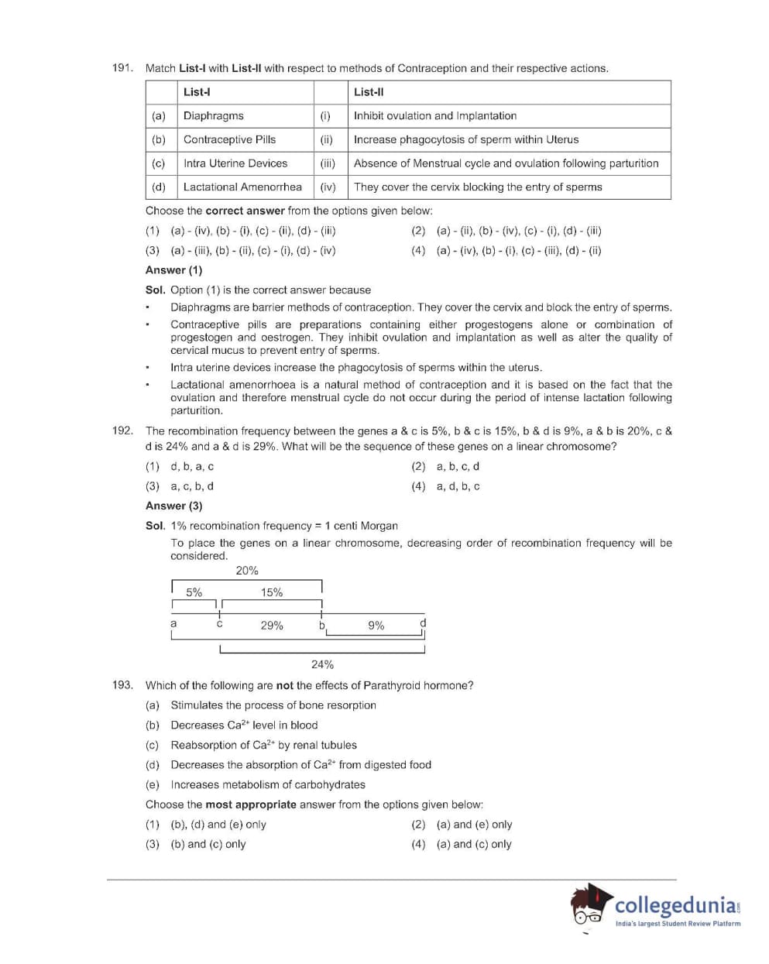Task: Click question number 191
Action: (x=122, y=68)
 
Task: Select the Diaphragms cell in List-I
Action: (x=213, y=116)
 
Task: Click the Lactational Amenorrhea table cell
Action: (x=242, y=187)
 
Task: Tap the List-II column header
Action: (x=369, y=92)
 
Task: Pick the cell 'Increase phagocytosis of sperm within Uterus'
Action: (x=465, y=140)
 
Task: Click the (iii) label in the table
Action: (x=328, y=163)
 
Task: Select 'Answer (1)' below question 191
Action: (x=173, y=270)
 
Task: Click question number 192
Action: (x=122, y=431)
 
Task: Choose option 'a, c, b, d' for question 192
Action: (x=192, y=486)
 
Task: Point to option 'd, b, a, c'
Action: (x=192, y=466)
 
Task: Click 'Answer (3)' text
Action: (x=173, y=506)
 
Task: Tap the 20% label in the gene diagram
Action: (x=247, y=571)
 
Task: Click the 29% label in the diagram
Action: (x=272, y=626)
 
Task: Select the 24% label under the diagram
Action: (x=322, y=664)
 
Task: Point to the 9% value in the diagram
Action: (x=376, y=626)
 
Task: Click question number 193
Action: (x=122, y=685)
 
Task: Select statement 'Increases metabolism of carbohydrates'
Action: (x=267, y=784)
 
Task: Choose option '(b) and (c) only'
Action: (x=208, y=844)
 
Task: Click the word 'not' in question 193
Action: (x=285, y=685)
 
